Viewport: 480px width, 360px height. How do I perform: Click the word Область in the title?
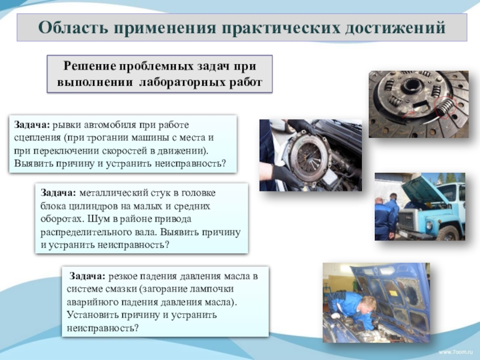(x=73, y=28)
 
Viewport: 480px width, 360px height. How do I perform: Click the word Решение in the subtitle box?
(x=90, y=66)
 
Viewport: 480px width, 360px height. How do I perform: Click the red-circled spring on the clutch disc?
(x=445, y=108)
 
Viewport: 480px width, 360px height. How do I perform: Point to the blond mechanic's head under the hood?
(x=367, y=305)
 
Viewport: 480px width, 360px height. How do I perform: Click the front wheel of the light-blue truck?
(x=449, y=234)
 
